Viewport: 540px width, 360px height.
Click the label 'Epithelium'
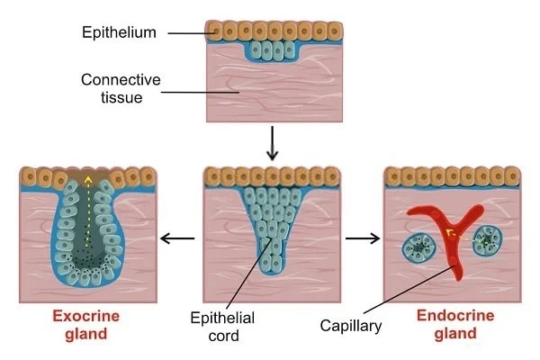point(118,32)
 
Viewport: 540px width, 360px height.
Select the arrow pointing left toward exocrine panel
point(176,238)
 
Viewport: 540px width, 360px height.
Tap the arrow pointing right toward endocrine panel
point(363,238)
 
